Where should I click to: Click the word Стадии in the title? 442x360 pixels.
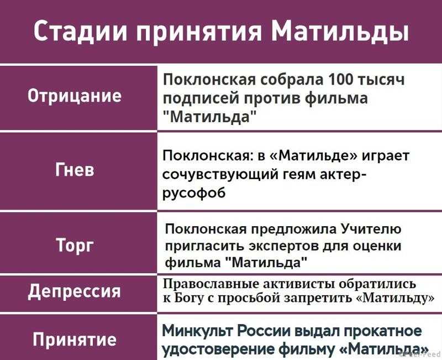(x=81, y=32)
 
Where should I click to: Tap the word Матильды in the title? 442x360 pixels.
(x=340, y=32)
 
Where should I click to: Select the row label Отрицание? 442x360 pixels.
(x=75, y=96)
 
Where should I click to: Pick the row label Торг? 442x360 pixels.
(x=75, y=244)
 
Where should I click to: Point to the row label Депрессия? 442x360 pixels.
(x=75, y=291)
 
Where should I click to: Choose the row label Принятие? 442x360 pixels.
(x=75, y=339)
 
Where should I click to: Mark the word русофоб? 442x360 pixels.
(x=194, y=193)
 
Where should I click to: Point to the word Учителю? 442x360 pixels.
(x=371, y=229)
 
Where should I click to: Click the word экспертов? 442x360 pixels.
(x=284, y=246)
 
